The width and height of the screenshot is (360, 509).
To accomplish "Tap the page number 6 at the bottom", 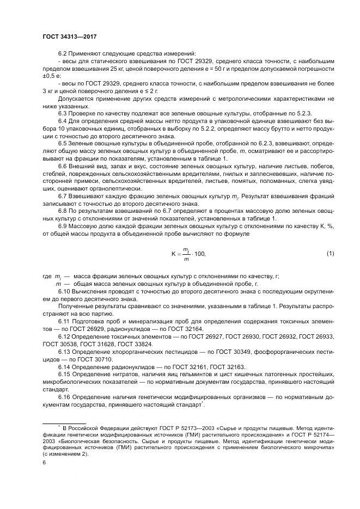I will pos(44,463).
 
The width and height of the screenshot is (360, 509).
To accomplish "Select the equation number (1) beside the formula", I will pos(330,253).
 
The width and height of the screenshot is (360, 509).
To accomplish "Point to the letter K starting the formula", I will pos(173,254).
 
